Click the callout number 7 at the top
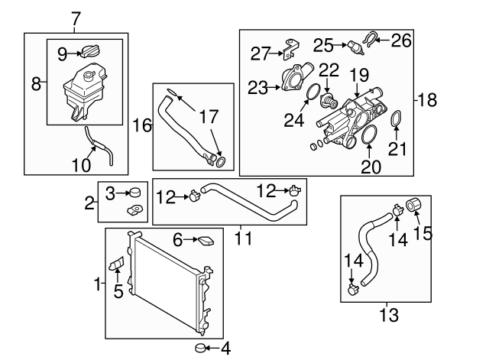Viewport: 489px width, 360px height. tap(74, 18)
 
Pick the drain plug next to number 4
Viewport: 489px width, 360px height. tap(201, 349)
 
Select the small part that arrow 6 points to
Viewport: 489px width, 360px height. tap(205, 242)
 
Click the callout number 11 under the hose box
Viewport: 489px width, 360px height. tap(243, 238)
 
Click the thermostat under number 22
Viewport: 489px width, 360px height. tap(330, 102)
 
